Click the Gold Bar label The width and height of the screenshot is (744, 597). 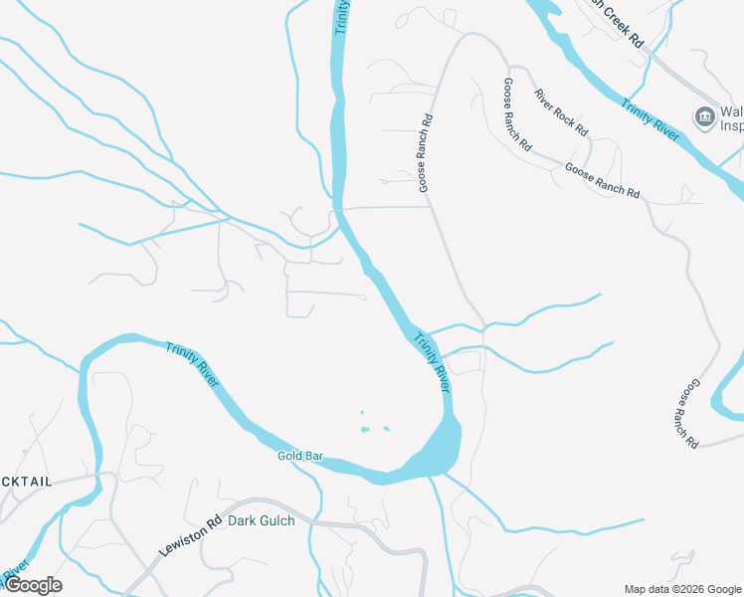pyautogui.click(x=300, y=457)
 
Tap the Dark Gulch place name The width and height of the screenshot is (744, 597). pyautogui.click(x=262, y=520)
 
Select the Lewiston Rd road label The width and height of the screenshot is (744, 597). pyautogui.click(x=189, y=536)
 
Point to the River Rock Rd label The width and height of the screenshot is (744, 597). pyautogui.click(x=561, y=112)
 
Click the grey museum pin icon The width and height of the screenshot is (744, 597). pyautogui.click(x=705, y=116)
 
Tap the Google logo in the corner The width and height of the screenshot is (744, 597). pyautogui.click(x=32, y=585)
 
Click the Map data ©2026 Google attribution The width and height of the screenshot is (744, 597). pyautogui.click(x=682, y=589)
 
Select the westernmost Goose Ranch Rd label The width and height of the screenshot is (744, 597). pyautogui.click(x=426, y=151)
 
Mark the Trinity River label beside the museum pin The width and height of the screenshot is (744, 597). pyautogui.click(x=651, y=118)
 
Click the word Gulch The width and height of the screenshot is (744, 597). pyautogui.click(x=277, y=520)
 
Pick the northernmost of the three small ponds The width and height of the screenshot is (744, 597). pyautogui.click(x=362, y=413)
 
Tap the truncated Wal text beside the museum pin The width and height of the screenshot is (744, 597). pyautogui.click(x=733, y=110)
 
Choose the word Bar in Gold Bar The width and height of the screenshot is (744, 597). pyautogui.click(x=314, y=457)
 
